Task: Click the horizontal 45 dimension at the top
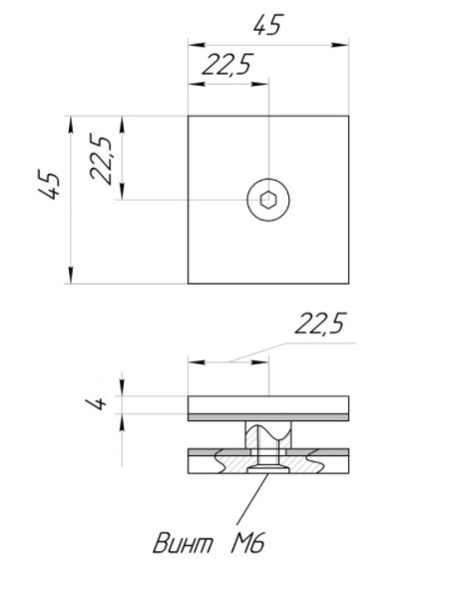click(267, 25)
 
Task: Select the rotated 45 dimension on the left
click(49, 185)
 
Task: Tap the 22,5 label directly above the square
click(226, 65)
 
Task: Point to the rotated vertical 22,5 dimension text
click(101, 159)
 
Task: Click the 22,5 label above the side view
click(319, 323)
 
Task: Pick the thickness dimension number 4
click(96, 403)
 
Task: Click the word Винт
click(183, 543)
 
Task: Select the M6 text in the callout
click(247, 543)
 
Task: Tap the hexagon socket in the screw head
click(268, 200)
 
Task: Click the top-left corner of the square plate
click(189, 116)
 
